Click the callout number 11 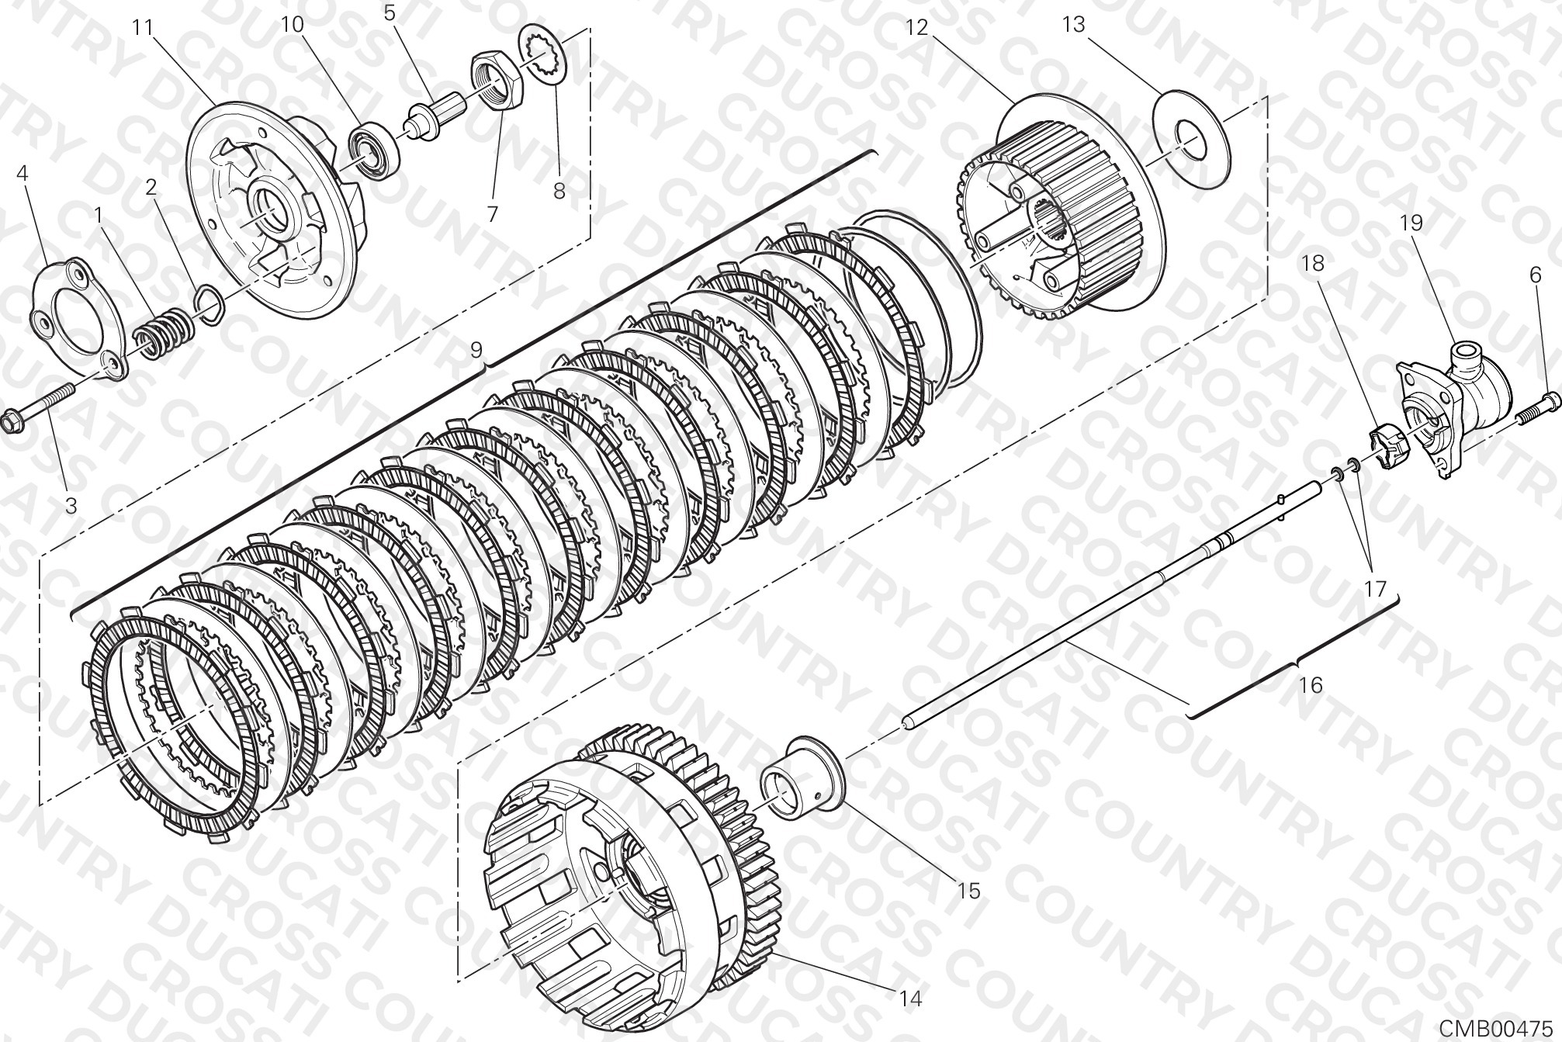[x=144, y=28]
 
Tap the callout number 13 [x=1074, y=25]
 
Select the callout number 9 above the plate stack [x=476, y=350]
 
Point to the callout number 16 [x=1310, y=685]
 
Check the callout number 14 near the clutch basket [x=911, y=999]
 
